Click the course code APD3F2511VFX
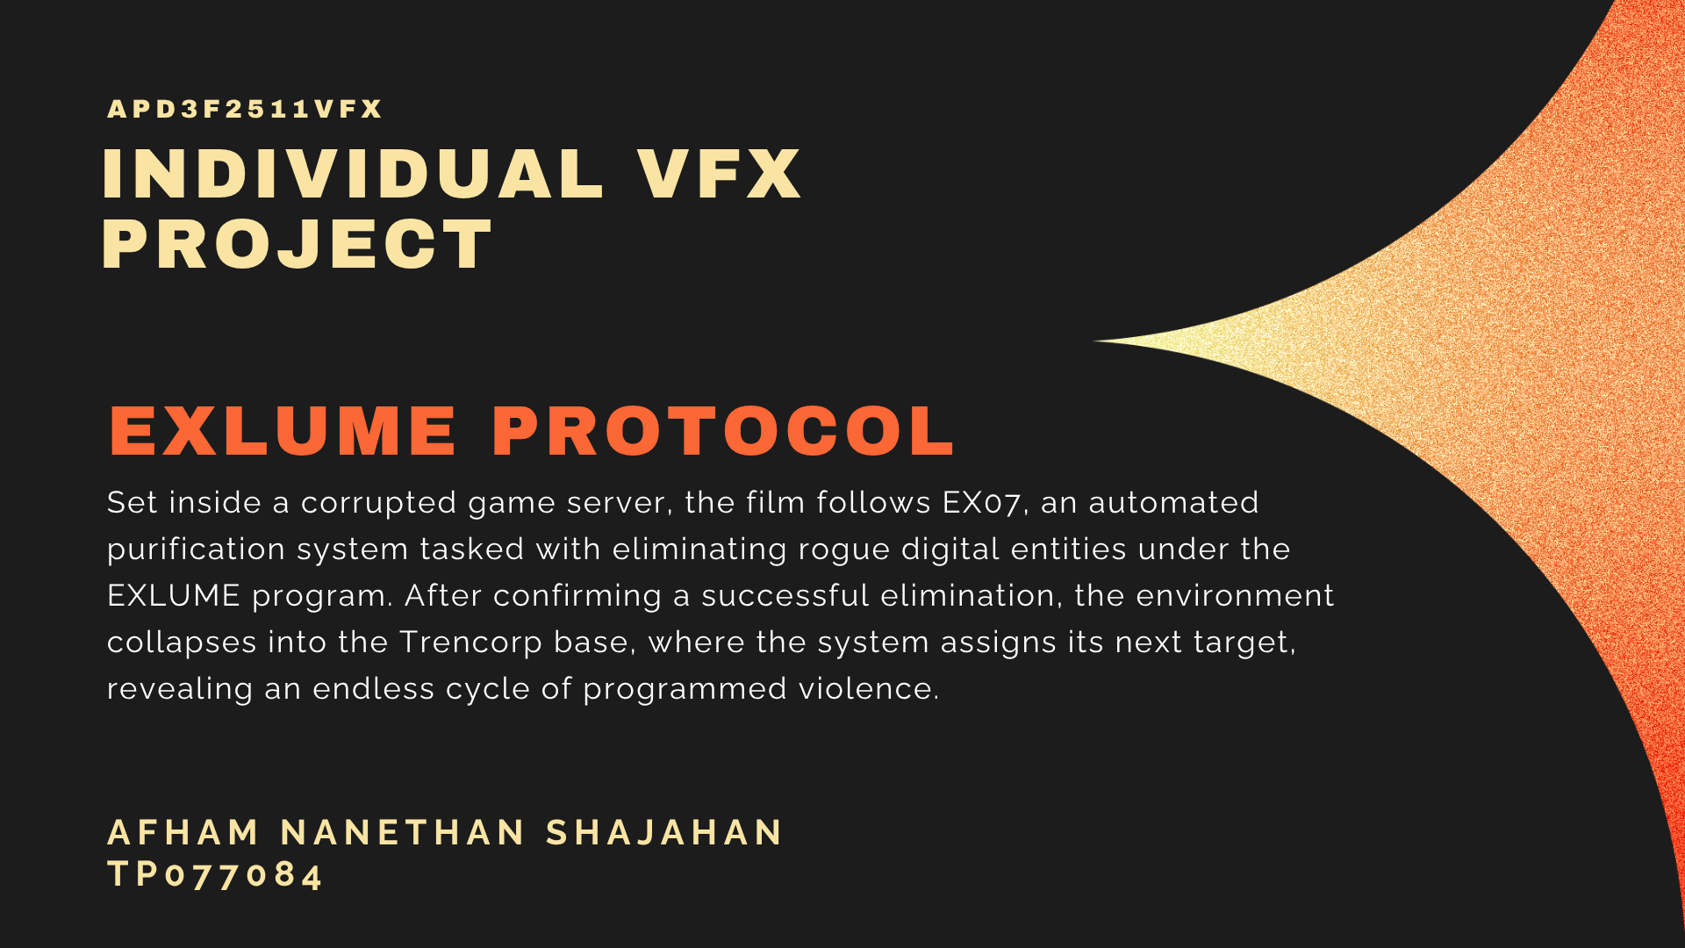point(245,109)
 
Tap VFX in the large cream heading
point(720,174)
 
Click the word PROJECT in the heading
point(298,244)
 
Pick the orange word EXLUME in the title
point(283,431)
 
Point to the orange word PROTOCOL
point(723,431)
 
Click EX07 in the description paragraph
point(981,503)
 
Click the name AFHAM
point(183,832)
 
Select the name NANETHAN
point(403,832)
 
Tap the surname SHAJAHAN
point(663,832)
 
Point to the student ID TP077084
point(215,874)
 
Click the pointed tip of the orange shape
point(1094,341)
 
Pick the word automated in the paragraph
point(1173,503)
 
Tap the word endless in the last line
point(374,689)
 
